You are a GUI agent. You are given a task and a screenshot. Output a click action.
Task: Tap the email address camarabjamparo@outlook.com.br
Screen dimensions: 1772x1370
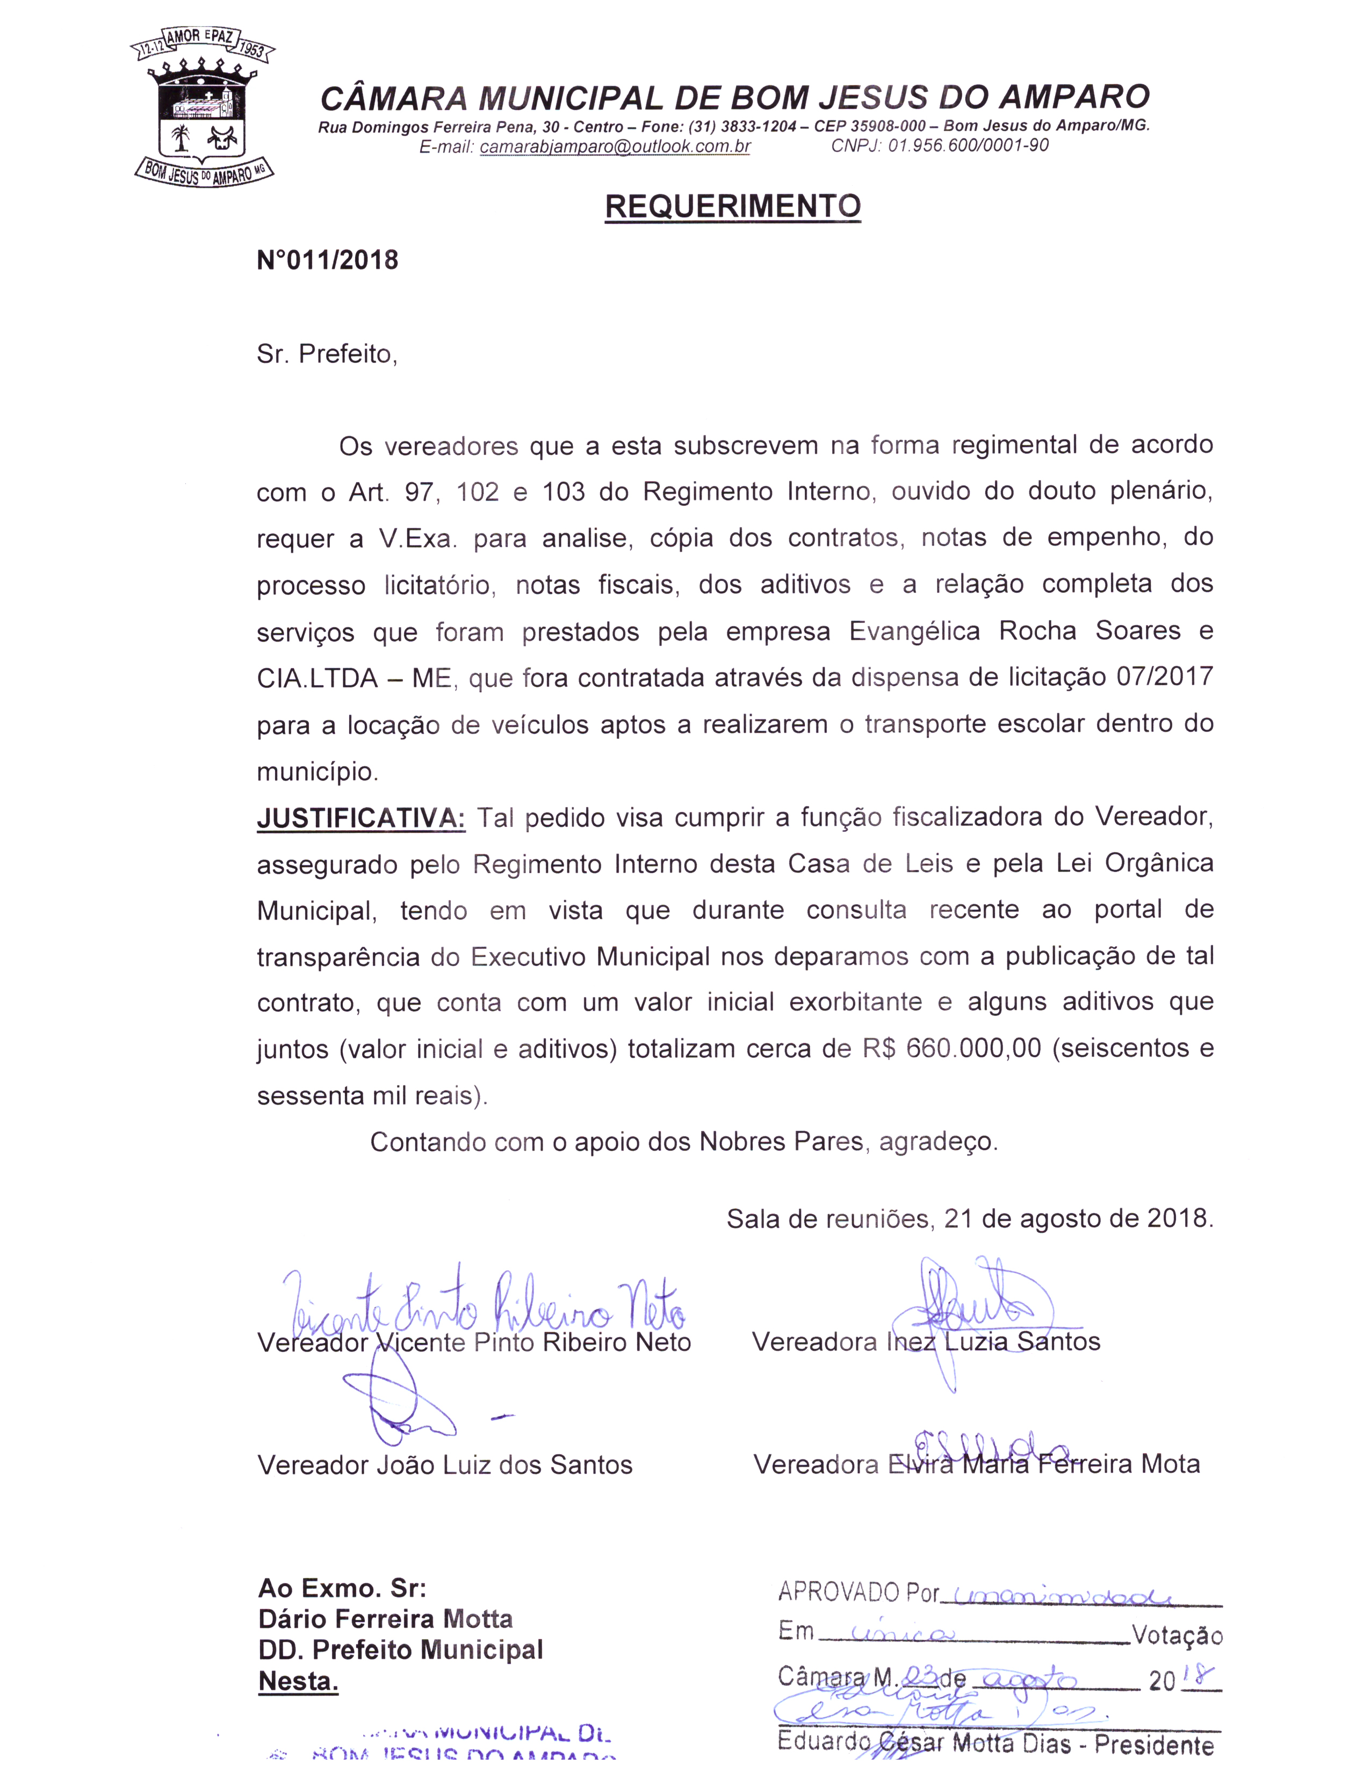(615, 147)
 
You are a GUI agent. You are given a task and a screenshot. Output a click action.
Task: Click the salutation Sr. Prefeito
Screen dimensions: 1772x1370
(327, 354)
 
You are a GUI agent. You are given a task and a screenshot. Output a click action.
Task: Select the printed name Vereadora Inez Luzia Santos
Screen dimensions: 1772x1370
(926, 1342)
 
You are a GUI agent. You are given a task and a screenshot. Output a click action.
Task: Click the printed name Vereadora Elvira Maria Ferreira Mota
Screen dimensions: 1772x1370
(976, 1464)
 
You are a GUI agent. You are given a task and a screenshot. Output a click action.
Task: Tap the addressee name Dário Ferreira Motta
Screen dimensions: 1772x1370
(386, 1620)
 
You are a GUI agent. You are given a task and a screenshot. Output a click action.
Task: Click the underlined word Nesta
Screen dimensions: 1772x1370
(298, 1682)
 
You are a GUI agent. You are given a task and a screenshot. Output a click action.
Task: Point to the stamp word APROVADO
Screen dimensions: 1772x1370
(839, 1593)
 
